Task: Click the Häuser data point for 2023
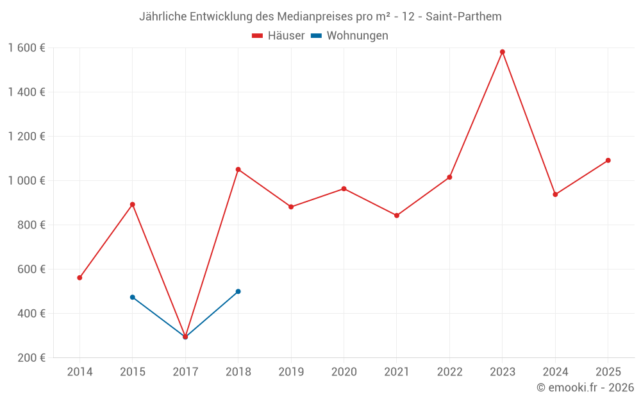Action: click(502, 52)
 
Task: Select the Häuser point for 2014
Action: click(79, 278)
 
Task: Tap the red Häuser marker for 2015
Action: click(133, 205)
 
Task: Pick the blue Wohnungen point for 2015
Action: click(133, 297)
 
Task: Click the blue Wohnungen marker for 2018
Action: click(238, 291)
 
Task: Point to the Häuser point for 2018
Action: click(238, 169)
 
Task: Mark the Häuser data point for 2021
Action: click(397, 216)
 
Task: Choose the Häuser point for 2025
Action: click(608, 160)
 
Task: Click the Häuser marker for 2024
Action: click(555, 194)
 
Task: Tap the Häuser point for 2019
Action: click(291, 207)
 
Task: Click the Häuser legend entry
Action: click(278, 36)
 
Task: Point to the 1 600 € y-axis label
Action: click(26, 47)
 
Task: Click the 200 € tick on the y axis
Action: click(33, 357)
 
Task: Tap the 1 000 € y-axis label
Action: click(26, 180)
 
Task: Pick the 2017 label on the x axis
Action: click(185, 371)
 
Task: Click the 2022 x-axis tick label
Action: click(449, 371)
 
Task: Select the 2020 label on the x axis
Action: click(344, 371)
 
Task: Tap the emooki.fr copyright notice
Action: click(585, 388)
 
